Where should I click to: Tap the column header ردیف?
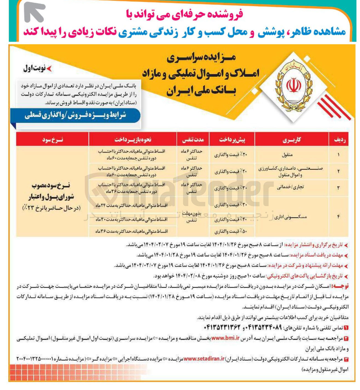point(340,140)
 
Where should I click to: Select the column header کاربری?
point(292,140)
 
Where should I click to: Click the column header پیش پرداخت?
point(232,140)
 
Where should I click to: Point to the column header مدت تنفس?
point(193,140)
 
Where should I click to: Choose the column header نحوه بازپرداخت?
point(133,140)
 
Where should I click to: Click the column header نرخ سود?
point(53,140)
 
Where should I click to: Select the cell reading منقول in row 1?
point(287,155)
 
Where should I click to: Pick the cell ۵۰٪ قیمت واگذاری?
point(231,231)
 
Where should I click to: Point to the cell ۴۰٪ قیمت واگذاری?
point(231,220)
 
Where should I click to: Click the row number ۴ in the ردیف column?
point(338,217)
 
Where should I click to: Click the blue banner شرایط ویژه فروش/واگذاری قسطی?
point(75,115)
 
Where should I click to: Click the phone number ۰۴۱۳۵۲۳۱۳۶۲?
point(222,327)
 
